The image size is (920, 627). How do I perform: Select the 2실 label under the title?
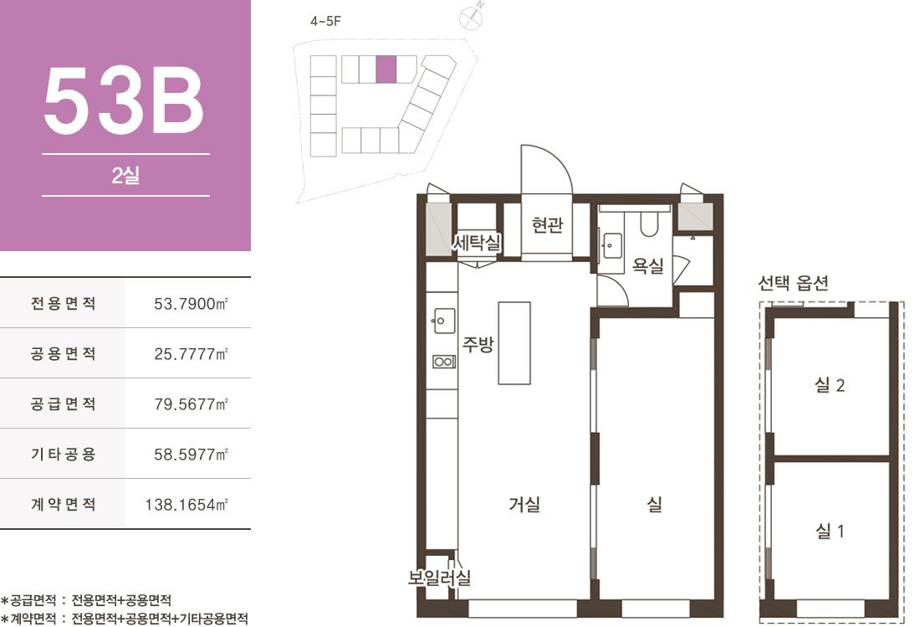[x=125, y=175]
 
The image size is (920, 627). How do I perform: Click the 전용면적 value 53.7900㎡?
[x=191, y=304]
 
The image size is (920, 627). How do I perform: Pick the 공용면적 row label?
[x=63, y=353]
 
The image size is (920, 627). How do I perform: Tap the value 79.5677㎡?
[x=191, y=404]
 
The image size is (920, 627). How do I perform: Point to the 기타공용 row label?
[x=63, y=454]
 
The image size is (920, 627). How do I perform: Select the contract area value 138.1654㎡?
[x=187, y=504]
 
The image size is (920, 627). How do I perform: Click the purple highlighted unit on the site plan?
[x=386, y=69]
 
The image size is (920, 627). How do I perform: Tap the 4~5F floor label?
[x=325, y=22]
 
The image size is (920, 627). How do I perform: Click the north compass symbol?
[x=471, y=18]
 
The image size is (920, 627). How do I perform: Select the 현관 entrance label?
[x=547, y=224]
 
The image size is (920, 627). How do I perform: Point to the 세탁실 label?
[x=477, y=241]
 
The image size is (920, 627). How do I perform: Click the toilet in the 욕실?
[x=649, y=224]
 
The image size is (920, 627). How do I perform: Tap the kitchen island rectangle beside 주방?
[x=514, y=343]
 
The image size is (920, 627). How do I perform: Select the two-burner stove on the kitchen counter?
[x=444, y=362]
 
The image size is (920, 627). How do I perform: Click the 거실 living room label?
[x=524, y=504]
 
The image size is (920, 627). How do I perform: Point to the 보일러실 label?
[x=439, y=577]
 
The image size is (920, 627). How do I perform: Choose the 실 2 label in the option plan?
[x=829, y=385]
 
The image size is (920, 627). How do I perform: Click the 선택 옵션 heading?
[x=793, y=283]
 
